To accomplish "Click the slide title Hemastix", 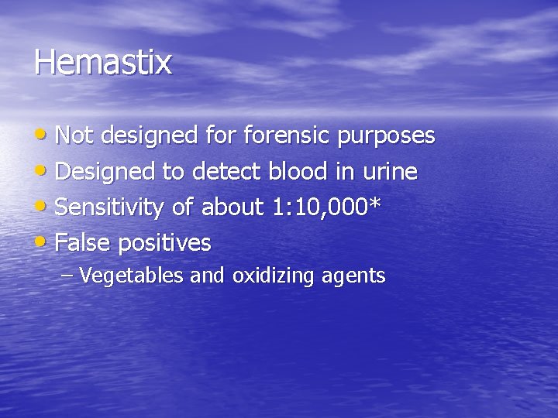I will (x=102, y=62).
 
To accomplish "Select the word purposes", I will (x=385, y=137).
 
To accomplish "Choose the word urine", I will (x=390, y=172).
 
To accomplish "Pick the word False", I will (x=83, y=243).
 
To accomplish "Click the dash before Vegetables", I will (x=67, y=276).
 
